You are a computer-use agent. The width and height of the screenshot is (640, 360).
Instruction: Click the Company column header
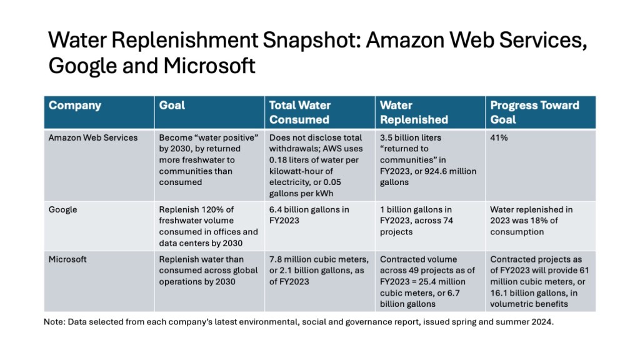pos(75,105)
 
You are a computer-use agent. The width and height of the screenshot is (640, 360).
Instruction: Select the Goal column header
pos(172,105)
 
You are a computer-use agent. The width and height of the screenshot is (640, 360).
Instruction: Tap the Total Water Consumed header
pos(299,112)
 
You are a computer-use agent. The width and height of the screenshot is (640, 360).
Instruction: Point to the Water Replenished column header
pos(414,112)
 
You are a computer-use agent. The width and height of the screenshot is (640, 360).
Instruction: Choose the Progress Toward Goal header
pos(534,112)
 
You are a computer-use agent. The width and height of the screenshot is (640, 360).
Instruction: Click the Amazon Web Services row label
pos(93,137)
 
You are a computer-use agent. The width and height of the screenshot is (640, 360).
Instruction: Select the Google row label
pos(63,210)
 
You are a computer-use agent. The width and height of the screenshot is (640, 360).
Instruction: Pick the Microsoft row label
pos(67,259)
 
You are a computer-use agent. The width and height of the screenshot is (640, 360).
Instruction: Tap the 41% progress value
pos(499,137)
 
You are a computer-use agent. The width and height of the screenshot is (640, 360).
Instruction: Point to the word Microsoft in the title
pos(209,65)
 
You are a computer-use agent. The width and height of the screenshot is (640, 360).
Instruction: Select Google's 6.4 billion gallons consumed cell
pos(309,215)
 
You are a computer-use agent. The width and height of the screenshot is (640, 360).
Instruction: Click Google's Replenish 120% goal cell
pos(209,226)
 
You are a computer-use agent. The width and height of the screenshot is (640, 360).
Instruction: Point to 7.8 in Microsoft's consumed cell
pos(275,259)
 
